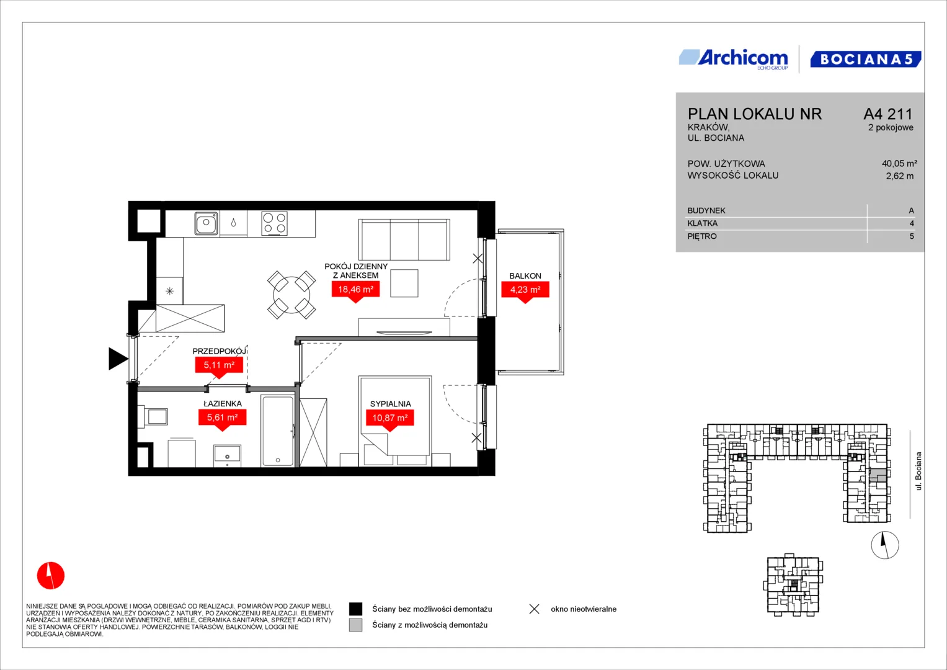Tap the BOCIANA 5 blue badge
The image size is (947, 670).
pyautogui.click(x=865, y=59)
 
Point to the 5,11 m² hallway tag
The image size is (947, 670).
pyautogui.click(x=219, y=365)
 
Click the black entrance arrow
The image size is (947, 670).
pyautogui.click(x=118, y=359)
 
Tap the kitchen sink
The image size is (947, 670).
pyautogui.click(x=207, y=223)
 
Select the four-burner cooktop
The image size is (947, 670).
pyautogui.click(x=274, y=223)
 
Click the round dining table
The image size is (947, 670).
pyautogui.click(x=291, y=295)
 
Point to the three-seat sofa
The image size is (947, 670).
pyautogui.click(x=404, y=239)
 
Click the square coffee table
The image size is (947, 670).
pyautogui.click(x=404, y=283)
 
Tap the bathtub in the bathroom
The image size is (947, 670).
pyautogui.click(x=277, y=431)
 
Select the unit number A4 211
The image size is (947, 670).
pyautogui.click(x=888, y=114)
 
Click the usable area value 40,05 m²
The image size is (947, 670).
pyautogui.click(x=899, y=163)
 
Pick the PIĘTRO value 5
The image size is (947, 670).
pyautogui.click(x=912, y=236)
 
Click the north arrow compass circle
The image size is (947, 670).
pyautogui.click(x=885, y=545)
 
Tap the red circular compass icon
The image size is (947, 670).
pyautogui.click(x=51, y=575)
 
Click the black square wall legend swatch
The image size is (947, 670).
pyautogui.click(x=355, y=609)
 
